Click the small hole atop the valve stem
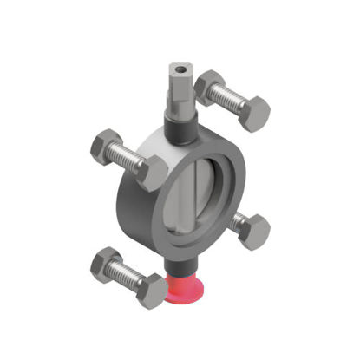click(x=180, y=67)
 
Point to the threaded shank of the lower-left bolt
click(x=129, y=275)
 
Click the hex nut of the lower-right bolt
click(x=254, y=231)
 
